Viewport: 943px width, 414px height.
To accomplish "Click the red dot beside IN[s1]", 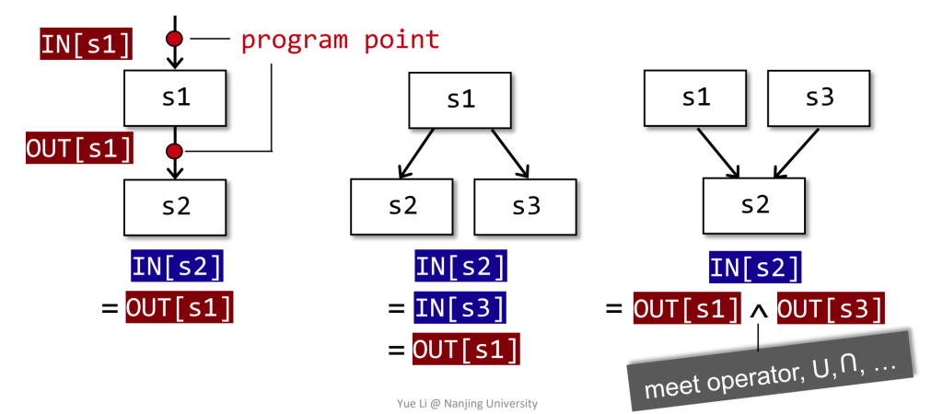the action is pyautogui.click(x=174, y=39).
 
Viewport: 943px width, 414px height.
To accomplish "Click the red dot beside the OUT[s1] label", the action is pyautogui.click(x=174, y=150).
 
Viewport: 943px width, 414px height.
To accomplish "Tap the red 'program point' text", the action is pyautogui.click(x=341, y=40).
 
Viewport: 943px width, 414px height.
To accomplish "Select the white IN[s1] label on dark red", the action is pyautogui.click(x=86, y=44).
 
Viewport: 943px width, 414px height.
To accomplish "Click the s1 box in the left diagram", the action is pyautogui.click(x=175, y=98).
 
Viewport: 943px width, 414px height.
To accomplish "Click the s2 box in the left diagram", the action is pyautogui.click(x=175, y=207).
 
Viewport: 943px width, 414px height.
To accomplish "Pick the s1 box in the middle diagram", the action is pyautogui.click(x=460, y=100).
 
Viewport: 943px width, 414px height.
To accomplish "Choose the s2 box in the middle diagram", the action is pyautogui.click(x=402, y=207).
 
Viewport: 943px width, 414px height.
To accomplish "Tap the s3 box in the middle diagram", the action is pyautogui.click(x=525, y=207).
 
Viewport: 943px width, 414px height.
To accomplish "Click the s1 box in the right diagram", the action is pyautogui.click(x=695, y=98).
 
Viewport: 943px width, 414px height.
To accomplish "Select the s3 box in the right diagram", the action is pyautogui.click(x=819, y=98).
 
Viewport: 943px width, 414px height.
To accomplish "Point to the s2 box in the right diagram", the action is pyautogui.click(x=754, y=205).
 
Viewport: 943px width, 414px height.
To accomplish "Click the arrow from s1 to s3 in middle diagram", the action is pyautogui.click(x=510, y=154).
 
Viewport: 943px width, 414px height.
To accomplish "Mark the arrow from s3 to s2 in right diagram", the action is pyautogui.click(x=797, y=153).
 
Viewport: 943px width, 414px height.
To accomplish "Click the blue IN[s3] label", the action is pyautogui.click(x=460, y=307).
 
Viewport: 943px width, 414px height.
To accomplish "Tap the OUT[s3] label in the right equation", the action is pyautogui.click(x=832, y=308).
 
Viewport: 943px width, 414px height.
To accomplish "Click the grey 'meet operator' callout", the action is pyautogui.click(x=771, y=369).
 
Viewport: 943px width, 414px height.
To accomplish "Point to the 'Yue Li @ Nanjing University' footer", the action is pyautogui.click(x=467, y=403).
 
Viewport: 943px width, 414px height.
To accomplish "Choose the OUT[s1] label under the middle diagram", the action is pyautogui.click(x=466, y=349).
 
